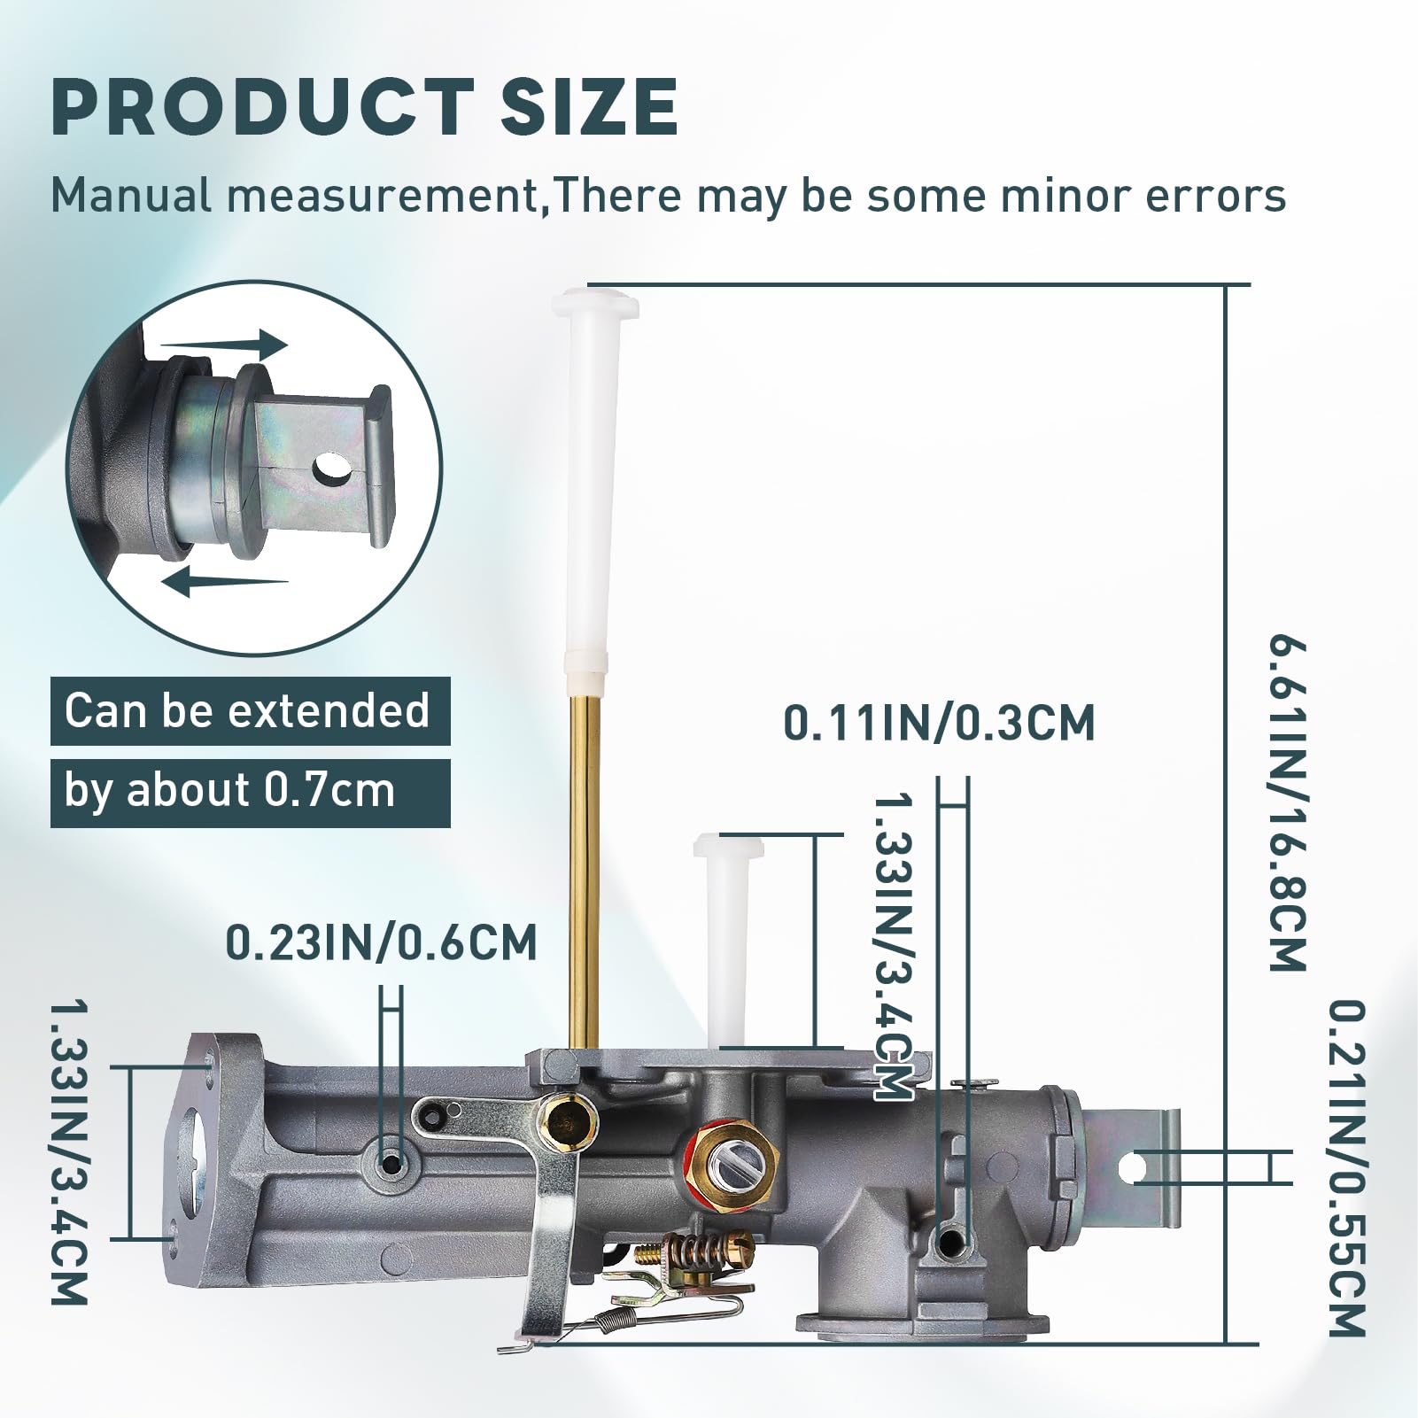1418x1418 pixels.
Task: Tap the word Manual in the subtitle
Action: pyautogui.click(x=130, y=196)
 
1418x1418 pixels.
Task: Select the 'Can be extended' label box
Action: pyautogui.click(x=250, y=710)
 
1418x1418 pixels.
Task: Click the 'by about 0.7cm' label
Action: pyautogui.click(x=250, y=792)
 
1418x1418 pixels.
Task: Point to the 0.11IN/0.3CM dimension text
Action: pyautogui.click(x=939, y=724)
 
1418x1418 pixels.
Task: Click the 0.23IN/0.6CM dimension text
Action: pyautogui.click(x=382, y=942)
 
